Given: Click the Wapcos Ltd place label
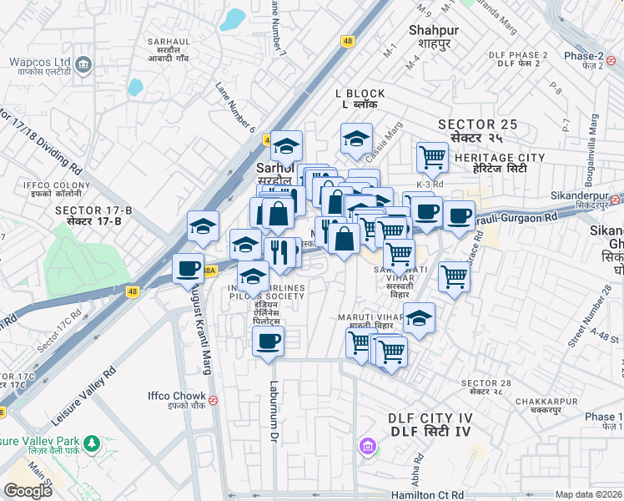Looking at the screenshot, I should click(x=39, y=63).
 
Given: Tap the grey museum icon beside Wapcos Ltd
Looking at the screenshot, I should click(x=83, y=63).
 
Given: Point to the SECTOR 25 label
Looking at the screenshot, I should click(x=479, y=124).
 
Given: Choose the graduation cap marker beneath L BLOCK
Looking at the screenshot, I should click(x=356, y=138).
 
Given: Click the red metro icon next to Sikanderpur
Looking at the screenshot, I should click(x=615, y=200).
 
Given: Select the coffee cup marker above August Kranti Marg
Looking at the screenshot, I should click(x=188, y=268).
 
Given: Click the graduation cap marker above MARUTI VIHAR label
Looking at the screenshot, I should click(x=419, y=317).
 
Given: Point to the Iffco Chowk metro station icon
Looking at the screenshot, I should click(x=214, y=399).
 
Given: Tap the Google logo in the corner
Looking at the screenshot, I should click(x=28, y=491).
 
